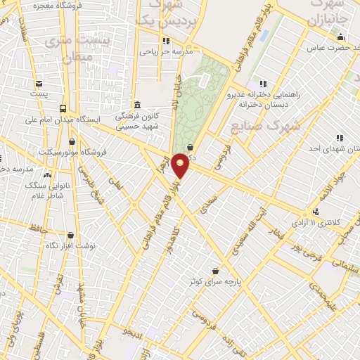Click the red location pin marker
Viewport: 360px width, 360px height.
point(180,165)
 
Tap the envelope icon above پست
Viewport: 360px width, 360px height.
point(39,82)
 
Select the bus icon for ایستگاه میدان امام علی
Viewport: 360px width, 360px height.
point(63,108)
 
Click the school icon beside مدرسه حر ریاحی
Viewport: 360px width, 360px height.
point(166,41)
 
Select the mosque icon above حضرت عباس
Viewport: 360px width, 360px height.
point(341,38)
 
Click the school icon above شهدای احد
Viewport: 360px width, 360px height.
point(339,139)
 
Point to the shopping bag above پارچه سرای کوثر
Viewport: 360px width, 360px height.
point(215,271)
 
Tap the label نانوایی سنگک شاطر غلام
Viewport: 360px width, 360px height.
point(49,184)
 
